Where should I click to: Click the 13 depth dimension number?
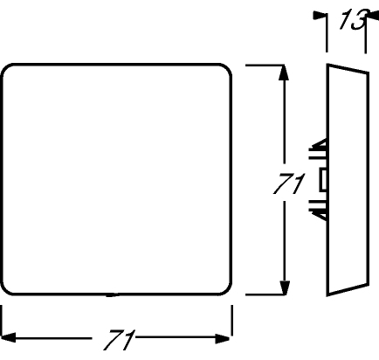353,19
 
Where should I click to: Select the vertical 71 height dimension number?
289,183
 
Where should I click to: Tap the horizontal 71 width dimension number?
120,340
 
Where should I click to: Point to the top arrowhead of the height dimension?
284,73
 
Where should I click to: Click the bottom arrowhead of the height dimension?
284,287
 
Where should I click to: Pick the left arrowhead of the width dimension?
9,337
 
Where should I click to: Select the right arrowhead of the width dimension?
223,338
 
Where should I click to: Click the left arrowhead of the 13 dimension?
319,15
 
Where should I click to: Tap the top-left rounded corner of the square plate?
6,69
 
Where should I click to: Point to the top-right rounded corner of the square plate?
227,69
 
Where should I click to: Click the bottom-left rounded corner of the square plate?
6,290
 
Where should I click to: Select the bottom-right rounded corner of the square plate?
227,290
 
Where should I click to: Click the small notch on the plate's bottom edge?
113,295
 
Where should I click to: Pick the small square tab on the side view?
323,180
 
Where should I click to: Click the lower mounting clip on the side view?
319,210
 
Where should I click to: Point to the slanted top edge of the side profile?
348,68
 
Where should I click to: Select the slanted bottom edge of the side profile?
348,289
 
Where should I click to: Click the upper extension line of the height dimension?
265,65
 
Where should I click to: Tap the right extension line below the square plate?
231,320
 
